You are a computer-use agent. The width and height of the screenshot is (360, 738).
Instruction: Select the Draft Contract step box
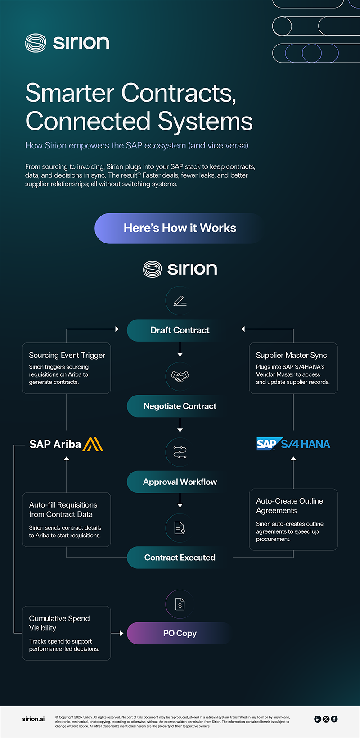[180, 330]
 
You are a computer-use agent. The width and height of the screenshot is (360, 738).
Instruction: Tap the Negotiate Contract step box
[180, 406]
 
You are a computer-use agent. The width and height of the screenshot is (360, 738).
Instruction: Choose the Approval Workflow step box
[180, 482]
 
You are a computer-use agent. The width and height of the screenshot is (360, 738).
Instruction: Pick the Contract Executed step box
[180, 558]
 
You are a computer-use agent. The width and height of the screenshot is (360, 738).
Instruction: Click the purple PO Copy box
[180, 633]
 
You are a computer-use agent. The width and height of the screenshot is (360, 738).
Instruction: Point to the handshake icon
[180, 376]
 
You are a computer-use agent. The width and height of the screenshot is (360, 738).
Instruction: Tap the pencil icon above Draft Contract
[180, 300]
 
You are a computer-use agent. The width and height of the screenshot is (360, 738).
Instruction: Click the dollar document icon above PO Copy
[180, 604]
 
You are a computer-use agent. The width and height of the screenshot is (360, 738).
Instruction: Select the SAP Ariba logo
[66, 444]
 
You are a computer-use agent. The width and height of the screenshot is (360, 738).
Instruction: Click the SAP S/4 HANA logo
[293, 444]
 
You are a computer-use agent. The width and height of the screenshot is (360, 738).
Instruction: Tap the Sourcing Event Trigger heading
[67, 355]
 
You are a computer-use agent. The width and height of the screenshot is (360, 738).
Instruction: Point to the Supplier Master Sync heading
[292, 355]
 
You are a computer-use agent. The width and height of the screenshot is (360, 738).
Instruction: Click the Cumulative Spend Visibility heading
[59, 623]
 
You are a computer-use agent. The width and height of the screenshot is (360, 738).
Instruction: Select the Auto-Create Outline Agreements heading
[289, 506]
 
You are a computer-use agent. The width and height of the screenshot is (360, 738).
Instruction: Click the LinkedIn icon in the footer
[318, 719]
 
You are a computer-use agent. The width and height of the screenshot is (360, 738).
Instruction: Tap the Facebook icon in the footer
[334, 719]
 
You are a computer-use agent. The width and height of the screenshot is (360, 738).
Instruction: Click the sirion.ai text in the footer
[33, 719]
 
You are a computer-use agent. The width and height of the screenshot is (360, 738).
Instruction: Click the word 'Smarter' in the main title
[70, 93]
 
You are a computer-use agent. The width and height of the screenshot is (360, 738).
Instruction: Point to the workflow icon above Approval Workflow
[180, 452]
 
